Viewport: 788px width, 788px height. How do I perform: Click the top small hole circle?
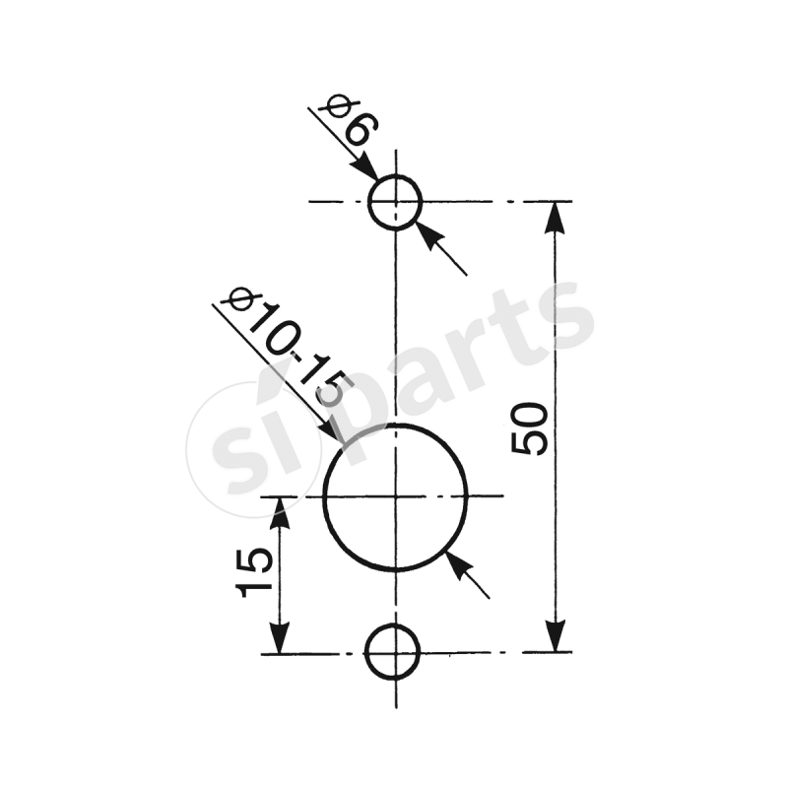click(395, 202)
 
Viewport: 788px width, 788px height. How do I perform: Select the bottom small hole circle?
click(393, 652)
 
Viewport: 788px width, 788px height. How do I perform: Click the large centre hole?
click(395, 495)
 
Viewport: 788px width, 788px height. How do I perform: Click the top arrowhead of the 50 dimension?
click(557, 216)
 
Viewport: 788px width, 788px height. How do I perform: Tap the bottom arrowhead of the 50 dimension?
click(557, 637)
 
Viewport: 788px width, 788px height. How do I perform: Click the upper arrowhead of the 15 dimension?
click(282, 510)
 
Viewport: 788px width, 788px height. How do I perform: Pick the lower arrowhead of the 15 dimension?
click(282, 638)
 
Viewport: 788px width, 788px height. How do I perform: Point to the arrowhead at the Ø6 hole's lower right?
click(426, 232)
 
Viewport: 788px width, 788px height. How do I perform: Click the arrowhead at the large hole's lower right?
click(455, 561)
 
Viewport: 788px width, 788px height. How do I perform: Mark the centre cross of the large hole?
click(395, 495)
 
